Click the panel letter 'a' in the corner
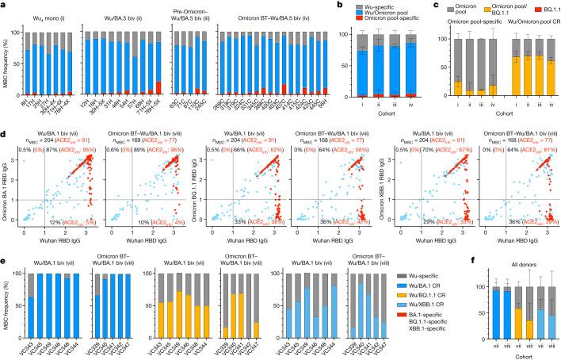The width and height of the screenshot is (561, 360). (x=5, y=6)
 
